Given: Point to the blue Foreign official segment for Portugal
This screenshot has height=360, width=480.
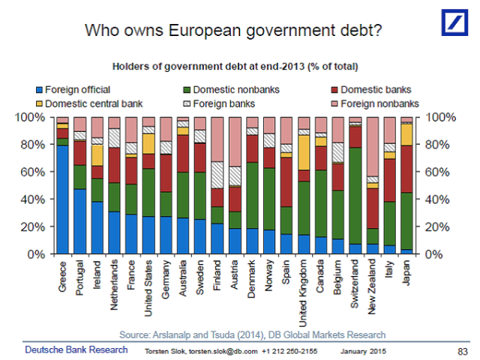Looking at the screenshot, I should tap(79, 221).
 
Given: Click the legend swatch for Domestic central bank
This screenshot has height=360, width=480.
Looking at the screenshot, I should tap(39, 103).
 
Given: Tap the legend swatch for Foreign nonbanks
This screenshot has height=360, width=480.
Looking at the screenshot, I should tap(334, 103).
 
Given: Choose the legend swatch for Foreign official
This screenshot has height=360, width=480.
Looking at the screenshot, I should tap(39, 90).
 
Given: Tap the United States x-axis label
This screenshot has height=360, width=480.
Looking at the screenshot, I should tap(149, 288).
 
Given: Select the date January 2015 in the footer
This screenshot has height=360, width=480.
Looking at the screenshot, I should tap(364, 351).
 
